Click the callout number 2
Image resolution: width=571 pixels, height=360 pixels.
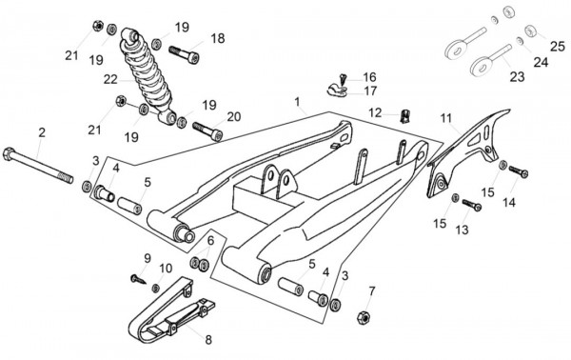(42, 132)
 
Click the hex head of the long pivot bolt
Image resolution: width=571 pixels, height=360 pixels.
(9, 154)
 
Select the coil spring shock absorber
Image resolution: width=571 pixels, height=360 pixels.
(148, 75)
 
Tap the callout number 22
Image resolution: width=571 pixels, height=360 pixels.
(110, 79)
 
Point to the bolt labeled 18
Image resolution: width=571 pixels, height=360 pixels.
(184, 54)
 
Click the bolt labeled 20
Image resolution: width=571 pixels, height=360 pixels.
(207, 131)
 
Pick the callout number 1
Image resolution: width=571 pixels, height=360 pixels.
(298, 102)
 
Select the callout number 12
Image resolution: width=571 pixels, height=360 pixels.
(375, 112)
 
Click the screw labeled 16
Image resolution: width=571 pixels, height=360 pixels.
(342, 78)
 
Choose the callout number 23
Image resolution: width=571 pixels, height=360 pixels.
(517, 77)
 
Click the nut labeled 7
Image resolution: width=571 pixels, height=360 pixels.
(364, 317)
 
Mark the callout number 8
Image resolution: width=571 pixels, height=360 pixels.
(208, 340)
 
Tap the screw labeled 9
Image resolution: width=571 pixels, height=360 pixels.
(138, 279)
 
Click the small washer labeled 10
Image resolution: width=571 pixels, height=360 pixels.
(155, 288)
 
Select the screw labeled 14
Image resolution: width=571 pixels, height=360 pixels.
(519, 171)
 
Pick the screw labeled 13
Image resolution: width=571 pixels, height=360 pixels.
(472, 205)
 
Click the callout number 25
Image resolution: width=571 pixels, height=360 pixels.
(557, 47)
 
